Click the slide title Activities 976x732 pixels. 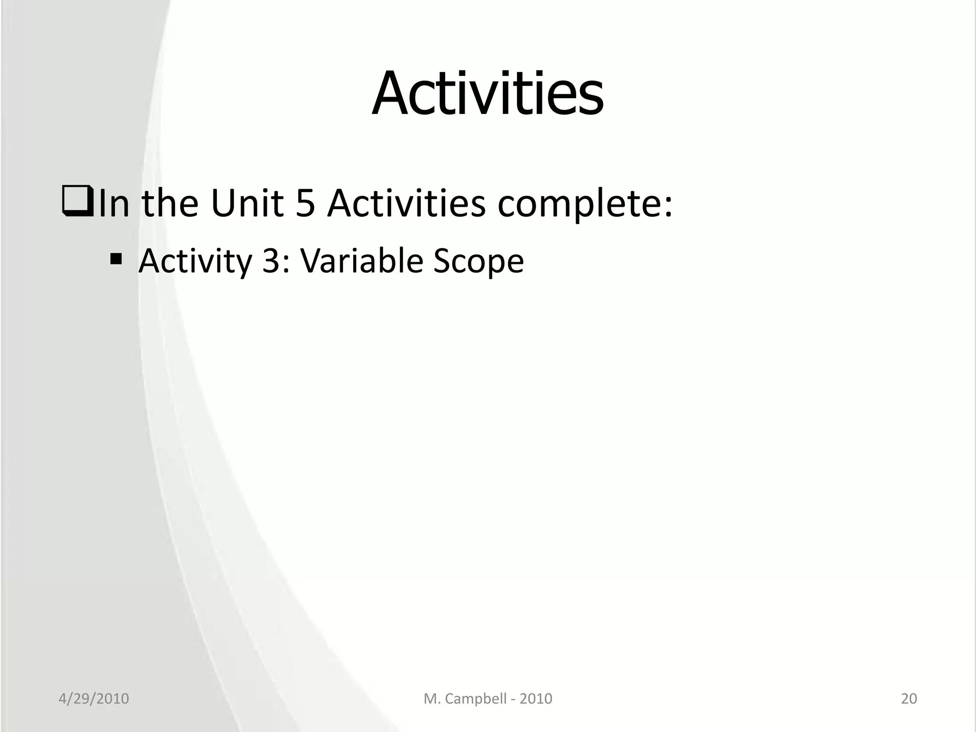[488, 93]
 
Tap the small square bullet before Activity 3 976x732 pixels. [116, 260]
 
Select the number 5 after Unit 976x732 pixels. [305, 204]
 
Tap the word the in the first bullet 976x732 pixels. [170, 203]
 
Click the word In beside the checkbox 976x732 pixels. [113, 203]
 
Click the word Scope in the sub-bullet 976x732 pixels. [478, 262]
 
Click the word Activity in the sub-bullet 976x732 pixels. [195, 262]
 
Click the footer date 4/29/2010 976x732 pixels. [93, 699]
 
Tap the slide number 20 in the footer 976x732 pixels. [909, 699]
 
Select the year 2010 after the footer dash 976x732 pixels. [536, 699]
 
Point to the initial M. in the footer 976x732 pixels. [431, 699]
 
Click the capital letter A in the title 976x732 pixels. [392, 94]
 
